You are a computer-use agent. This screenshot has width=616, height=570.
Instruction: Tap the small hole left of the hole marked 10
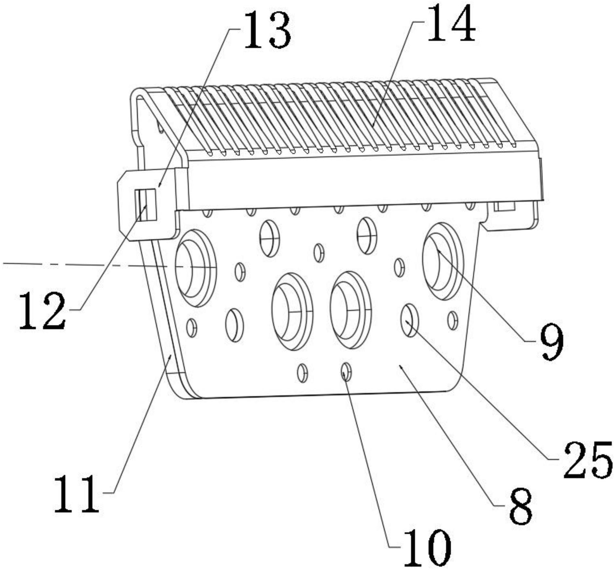pyautogui.click(x=302, y=373)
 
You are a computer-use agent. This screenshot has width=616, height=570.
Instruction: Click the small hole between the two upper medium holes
pyautogui.click(x=319, y=252)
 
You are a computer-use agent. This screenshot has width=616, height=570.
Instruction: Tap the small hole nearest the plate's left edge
pyautogui.click(x=192, y=327)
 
